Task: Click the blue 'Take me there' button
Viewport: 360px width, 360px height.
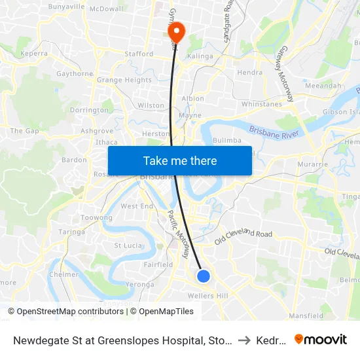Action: tap(180, 160)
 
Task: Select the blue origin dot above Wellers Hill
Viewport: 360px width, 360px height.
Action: tap(204, 276)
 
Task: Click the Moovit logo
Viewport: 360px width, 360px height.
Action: tap(321, 339)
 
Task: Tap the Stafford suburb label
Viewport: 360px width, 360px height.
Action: tap(138, 54)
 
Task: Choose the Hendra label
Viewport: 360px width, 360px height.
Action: tap(249, 73)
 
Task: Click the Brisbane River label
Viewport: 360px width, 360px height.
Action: tap(274, 131)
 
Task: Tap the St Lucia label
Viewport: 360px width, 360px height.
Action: tap(128, 245)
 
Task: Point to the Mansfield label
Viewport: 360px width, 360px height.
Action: tap(306, 315)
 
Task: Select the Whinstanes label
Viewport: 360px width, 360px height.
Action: tap(261, 104)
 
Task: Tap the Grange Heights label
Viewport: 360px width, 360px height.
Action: tap(124, 81)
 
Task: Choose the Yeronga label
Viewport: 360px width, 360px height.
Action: tap(139, 285)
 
